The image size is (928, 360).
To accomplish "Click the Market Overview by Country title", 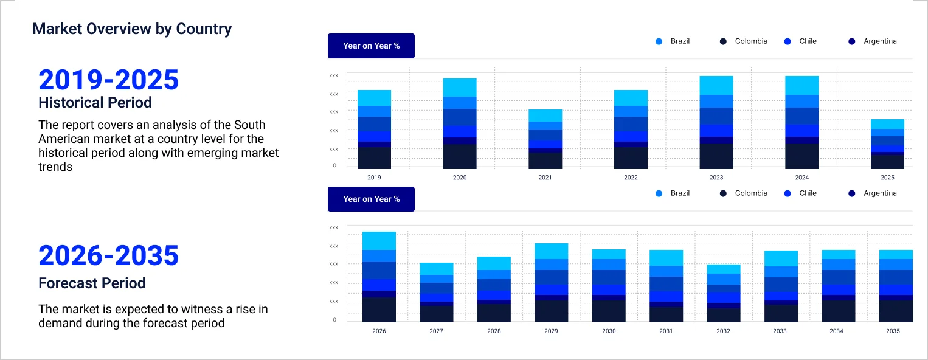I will (132, 29).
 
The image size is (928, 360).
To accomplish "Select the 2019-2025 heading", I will (108, 80).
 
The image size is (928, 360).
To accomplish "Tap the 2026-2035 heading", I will (108, 256).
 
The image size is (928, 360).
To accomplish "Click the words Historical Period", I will (95, 102).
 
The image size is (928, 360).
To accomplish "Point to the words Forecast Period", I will (92, 283).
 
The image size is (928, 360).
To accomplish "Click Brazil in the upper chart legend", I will (679, 41).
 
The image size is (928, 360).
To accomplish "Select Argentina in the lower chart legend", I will (879, 193).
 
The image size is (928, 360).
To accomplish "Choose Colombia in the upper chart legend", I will (750, 41).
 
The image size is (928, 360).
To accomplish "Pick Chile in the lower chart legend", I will (808, 193).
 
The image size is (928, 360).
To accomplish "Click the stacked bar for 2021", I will (545, 139).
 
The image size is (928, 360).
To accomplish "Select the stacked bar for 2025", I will (887, 144).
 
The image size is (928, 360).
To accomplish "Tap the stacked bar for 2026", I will (379, 277).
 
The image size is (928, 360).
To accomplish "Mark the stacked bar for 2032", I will (723, 293).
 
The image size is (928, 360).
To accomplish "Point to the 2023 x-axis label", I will (716, 178).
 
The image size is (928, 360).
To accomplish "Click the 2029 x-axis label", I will (551, 331).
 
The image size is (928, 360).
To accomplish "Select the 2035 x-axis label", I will (892, 331).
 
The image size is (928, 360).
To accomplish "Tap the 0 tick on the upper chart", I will (334, 165).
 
